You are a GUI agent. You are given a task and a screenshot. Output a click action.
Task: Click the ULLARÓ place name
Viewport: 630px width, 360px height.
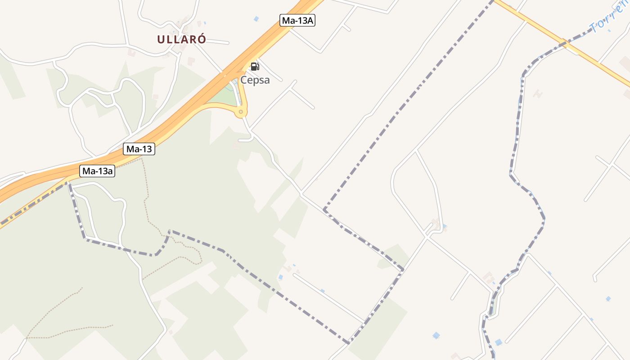point(181,39)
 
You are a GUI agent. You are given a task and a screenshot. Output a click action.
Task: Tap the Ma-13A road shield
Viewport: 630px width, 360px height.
point(297,20)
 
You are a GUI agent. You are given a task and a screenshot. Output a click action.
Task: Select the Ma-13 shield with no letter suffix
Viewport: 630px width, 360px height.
point(139,149)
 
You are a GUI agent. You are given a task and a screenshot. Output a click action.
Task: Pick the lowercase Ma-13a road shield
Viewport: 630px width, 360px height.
point(98,171)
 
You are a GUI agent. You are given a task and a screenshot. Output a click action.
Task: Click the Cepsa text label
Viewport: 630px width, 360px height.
point(255,80)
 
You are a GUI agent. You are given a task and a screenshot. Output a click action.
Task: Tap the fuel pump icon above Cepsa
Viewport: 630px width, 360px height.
point(255,67)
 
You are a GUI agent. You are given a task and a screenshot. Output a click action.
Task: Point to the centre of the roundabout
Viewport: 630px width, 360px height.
point(241,112)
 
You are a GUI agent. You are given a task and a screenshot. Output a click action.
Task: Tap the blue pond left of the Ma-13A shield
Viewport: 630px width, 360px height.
point(256,18)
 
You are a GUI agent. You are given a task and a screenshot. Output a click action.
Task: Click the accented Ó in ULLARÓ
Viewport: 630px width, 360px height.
point(202,39)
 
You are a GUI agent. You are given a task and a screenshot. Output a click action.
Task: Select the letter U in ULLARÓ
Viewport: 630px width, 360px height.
point(161,39)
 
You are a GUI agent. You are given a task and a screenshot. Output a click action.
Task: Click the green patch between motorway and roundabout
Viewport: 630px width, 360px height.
point(224,95)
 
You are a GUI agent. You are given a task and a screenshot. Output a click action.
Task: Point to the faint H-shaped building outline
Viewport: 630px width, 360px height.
point(537,94)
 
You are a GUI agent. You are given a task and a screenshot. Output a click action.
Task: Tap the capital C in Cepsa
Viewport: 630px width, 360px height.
point(243,80)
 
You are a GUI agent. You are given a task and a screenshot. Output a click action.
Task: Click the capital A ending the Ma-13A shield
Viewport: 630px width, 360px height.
point(310,20)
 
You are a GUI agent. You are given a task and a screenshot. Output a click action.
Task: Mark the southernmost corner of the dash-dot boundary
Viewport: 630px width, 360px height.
point(348,343)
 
